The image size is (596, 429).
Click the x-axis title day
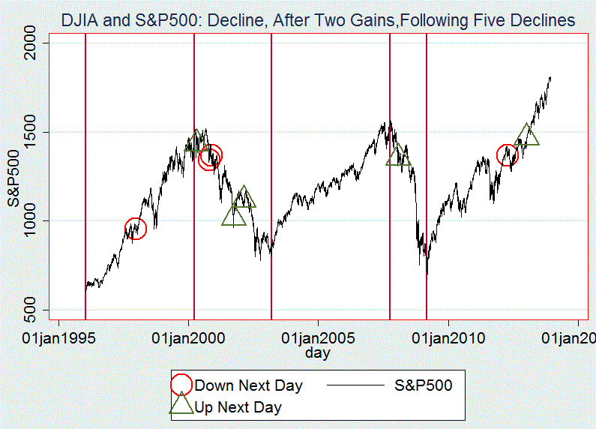click(318, 352)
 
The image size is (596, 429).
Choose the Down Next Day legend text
click(248, 386)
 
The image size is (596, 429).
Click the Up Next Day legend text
click(238, 408)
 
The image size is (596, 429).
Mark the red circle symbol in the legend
click(181, 385)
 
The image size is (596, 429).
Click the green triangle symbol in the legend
click(181, 405)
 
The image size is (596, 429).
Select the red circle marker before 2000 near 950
click(134, 229)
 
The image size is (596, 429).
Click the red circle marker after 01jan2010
click(508, 155)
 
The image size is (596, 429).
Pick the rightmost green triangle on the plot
click(527, 135)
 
